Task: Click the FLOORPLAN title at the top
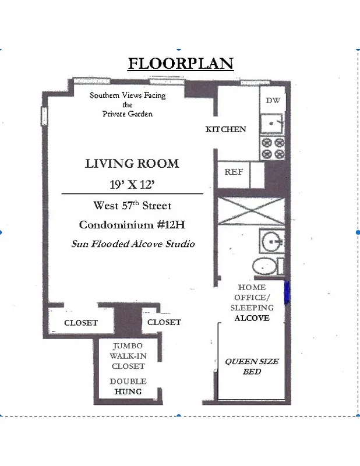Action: [181, 63]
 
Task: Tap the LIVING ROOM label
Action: [132, 164]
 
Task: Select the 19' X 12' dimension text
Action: [132, 185]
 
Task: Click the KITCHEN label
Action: [225, 129]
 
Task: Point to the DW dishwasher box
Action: [273, 100]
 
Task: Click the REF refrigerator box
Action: [234, 172]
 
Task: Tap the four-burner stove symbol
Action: [272, 147]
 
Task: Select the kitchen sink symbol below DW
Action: [271, 123]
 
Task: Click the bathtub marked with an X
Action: [250, 211]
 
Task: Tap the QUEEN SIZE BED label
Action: [252, 366]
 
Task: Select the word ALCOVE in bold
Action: [252, 319]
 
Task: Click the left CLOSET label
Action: [81, 323]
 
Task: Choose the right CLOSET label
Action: [164, 322]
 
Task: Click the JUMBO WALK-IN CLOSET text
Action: [128, 356]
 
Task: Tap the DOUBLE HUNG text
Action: [128, 386]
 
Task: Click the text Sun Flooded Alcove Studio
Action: [133, 244]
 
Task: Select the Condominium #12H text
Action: [132, 225]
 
